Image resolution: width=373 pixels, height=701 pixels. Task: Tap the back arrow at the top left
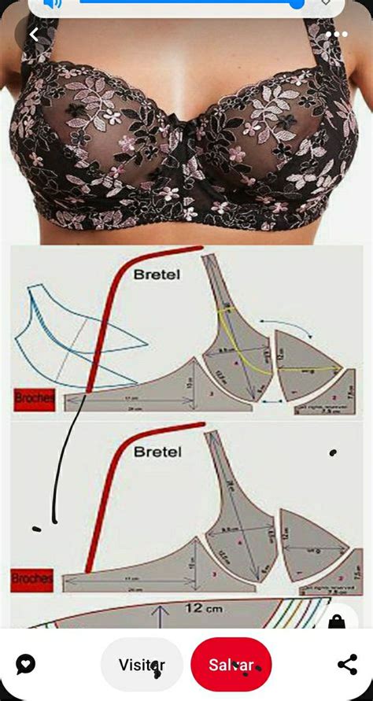coord(35,35)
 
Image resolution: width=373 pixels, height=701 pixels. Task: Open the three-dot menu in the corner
coord(336,35)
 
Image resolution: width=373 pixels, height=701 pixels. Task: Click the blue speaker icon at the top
coord(53,4)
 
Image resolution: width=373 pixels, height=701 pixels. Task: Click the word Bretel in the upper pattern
coord(157,275)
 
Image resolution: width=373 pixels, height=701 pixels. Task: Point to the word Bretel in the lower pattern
coord(157,452)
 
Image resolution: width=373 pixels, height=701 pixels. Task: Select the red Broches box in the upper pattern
coord(34,399)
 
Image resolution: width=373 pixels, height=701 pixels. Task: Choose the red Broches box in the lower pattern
coord(32,579)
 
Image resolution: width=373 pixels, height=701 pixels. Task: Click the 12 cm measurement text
coord(203,608)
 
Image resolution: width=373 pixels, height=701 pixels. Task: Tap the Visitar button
coord(142,665)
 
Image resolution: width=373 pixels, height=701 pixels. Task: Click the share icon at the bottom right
coord(347,665)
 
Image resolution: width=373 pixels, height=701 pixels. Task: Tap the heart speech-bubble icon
coord(25,665)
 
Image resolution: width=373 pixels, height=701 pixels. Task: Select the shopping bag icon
coord(337,622)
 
